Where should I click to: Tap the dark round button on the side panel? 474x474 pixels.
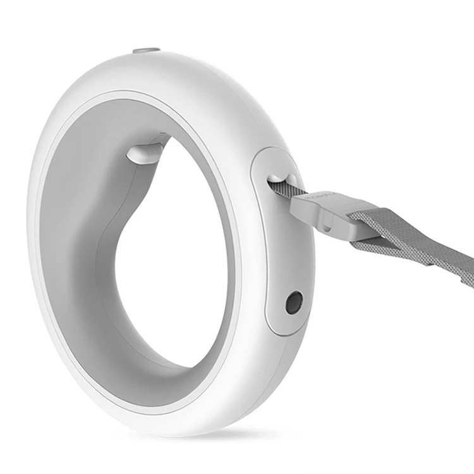click(294, 303)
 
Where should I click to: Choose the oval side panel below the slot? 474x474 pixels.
click(288, 265)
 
